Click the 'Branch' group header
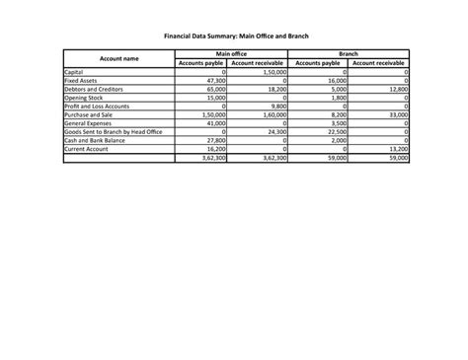[348, 54]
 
